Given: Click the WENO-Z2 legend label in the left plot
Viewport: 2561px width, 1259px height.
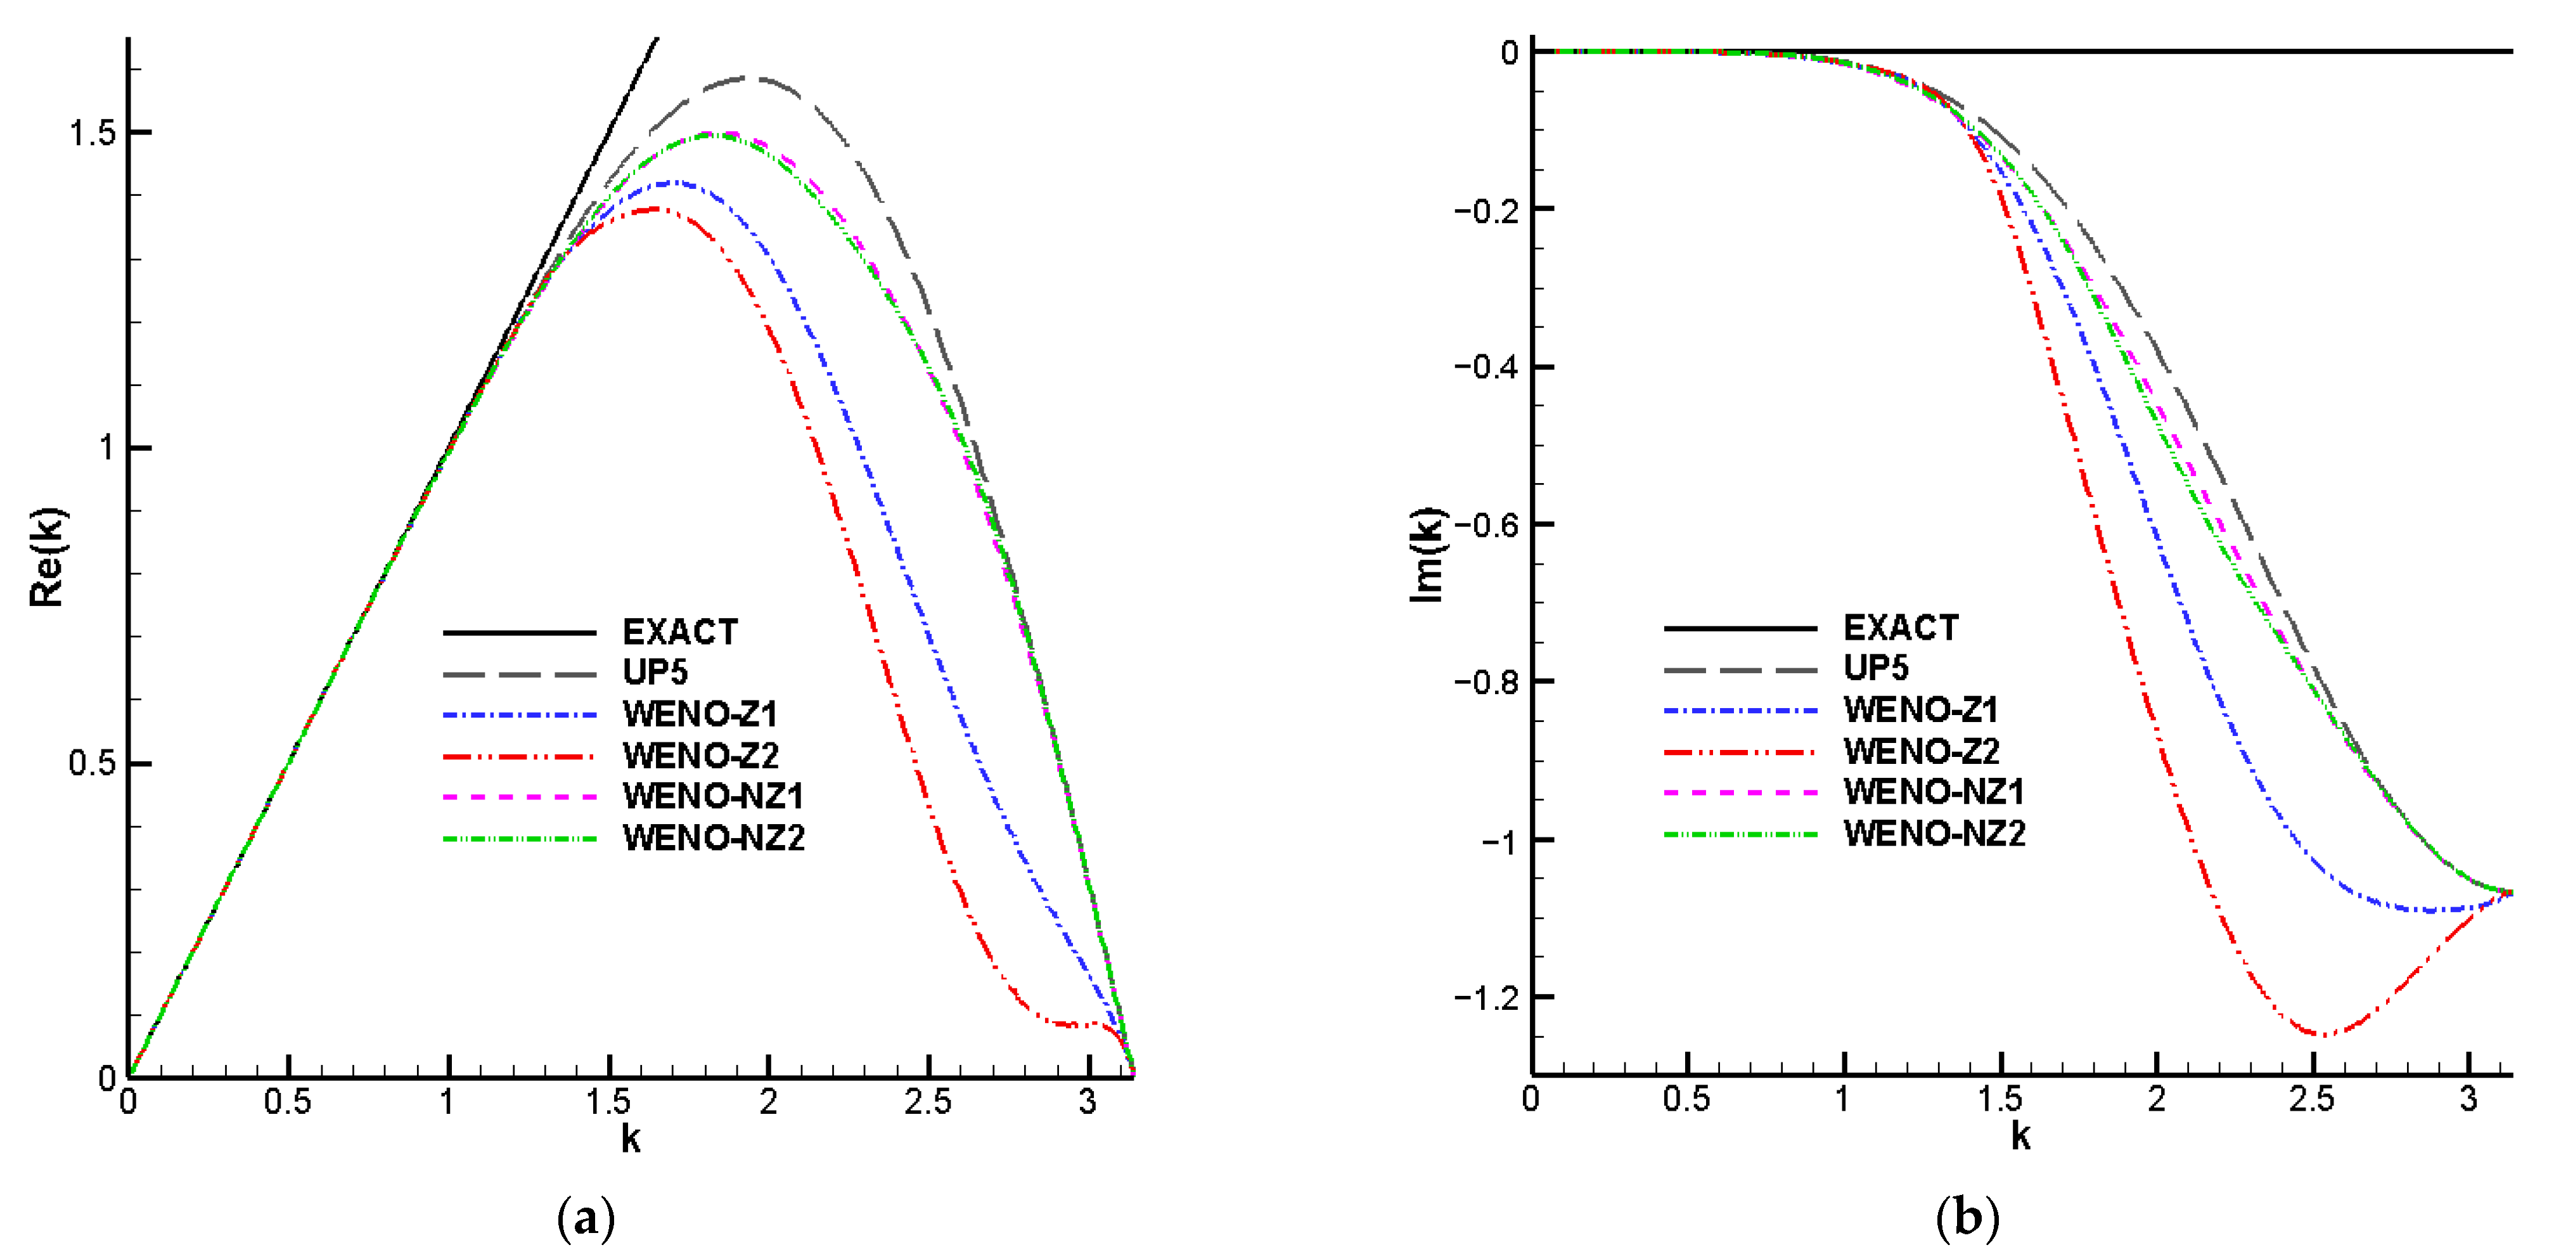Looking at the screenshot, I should [x=700, y=756].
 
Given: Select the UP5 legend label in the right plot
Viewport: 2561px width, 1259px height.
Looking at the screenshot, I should [x=1875, y=668].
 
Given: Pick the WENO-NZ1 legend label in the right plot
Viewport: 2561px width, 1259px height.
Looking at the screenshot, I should [x=1934, y=792].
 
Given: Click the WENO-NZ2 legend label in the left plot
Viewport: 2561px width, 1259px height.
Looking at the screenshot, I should [x=713, y=838].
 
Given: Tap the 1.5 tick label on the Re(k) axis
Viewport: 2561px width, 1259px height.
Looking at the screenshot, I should [x=91, y=132].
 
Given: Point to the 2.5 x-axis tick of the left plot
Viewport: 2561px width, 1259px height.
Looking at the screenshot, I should [x=928, y=1102].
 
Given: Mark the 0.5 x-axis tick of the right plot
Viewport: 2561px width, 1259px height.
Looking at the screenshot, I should [x=1686, y=1099].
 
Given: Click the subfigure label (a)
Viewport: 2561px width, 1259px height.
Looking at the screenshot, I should [x=587, y=1218].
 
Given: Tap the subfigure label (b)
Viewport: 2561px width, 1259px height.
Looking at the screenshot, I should [x=1967, y=1218].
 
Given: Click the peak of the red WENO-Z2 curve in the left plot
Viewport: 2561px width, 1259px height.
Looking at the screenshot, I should [x=654, y=209].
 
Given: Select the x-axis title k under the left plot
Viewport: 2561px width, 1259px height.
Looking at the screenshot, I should [x=631, y=1139].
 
